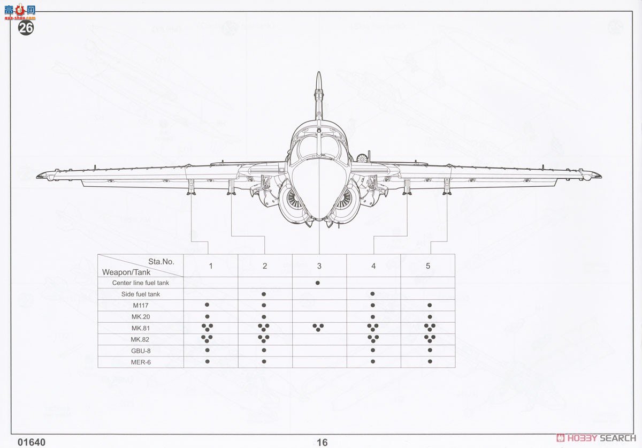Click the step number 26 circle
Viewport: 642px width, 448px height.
click(26, 28)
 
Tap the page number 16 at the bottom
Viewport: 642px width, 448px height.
click(322, 442)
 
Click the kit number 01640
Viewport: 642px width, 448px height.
click(32, 442)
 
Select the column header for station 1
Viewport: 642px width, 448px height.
click(211, 266)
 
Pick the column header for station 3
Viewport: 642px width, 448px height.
click(319, 266)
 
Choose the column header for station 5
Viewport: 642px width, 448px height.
click(428, 266)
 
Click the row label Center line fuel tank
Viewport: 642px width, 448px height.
click(140, 283)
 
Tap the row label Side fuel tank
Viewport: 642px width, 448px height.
click(140, 294)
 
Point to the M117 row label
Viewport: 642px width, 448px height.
click(140, 306)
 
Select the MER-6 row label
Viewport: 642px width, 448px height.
click(140, 362)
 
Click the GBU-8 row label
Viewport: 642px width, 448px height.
click(140, 351)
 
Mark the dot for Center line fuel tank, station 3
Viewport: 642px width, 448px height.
click(318, 282)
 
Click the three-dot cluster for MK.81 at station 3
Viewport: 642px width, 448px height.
click(318, 328)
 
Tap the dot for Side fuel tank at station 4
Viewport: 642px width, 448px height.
click(372, 294)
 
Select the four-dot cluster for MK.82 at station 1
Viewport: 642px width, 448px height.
click(207, 338)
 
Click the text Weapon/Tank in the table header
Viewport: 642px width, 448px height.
click(126, 272)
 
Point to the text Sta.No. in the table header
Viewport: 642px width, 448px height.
click(162, 262)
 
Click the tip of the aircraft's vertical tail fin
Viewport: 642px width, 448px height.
click(319, 74)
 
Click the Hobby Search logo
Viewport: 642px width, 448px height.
click(597, 437)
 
